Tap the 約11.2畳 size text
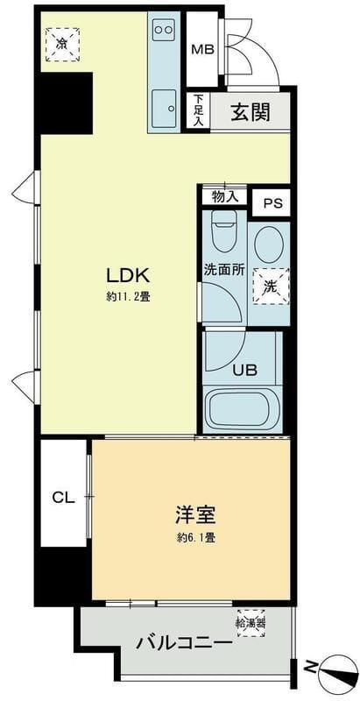click(x=128, y=296)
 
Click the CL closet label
click(x=62, y=498)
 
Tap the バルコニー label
click(x=184, y=644)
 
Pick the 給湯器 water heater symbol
click(x=251, y=624)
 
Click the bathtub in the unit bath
click(x=242, y=409)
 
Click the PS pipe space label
click(x=272, y=203)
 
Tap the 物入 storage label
click(x=224, y=195)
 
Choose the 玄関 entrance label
click(x=250, y=112)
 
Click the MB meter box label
click(x=203, y=49)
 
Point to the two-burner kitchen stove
click(x=163, y=30)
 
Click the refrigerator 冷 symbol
click(x=61, y=43)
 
